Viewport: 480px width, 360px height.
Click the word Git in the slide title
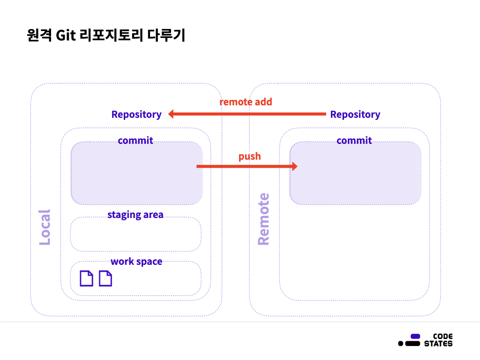[66, 36]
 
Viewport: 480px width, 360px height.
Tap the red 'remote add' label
[246, 102]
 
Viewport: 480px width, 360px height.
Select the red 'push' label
[249, 156]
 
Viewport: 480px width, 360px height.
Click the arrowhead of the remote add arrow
[172, 114]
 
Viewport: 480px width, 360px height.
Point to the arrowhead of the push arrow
[294, 166]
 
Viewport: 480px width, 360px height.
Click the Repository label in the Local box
[136, 114]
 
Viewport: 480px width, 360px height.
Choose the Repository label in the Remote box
[355, 114]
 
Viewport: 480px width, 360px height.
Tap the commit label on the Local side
[135, 141]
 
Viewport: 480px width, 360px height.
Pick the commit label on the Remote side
[354, 141]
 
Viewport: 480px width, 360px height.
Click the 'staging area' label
[135, 215]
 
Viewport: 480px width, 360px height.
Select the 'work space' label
[136, 262]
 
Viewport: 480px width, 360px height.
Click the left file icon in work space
[86, 278]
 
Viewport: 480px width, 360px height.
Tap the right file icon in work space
[105, 278]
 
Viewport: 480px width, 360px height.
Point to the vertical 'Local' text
[44, 227]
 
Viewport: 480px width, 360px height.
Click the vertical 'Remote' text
[263, 219]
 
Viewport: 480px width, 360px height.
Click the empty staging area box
[135, 236]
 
